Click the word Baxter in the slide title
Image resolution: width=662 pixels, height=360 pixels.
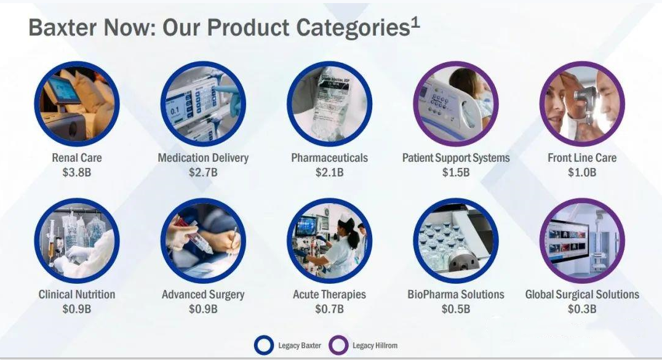[63, 28]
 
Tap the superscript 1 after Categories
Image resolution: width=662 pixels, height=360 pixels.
[415, 23]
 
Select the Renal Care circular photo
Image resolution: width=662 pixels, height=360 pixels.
[77, 104]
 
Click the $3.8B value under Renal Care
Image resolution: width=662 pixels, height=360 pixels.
[77, 172]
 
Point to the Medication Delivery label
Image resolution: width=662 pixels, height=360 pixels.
[203, 158]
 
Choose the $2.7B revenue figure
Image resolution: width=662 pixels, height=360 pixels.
[203, 172]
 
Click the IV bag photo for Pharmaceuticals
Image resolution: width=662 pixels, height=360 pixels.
[329, 104]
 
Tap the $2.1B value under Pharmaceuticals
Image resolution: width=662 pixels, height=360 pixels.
[329, 172]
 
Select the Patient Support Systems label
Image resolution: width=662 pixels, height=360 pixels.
[456, 158]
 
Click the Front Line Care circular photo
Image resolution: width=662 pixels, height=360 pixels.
[582, 104]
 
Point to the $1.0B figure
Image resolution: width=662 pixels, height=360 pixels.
[582, 172]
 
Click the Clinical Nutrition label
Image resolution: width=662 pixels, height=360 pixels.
[77, 295]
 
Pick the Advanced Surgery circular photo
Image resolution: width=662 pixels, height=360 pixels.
[203, 241]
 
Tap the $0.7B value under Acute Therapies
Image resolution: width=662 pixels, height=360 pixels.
[329, 309]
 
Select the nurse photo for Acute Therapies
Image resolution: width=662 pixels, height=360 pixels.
[329, 241]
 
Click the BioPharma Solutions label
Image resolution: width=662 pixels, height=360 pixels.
[456, 295]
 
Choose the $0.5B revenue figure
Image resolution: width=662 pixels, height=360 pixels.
[456, 309]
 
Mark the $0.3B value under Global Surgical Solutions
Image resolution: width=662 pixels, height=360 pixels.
[582, 309]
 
